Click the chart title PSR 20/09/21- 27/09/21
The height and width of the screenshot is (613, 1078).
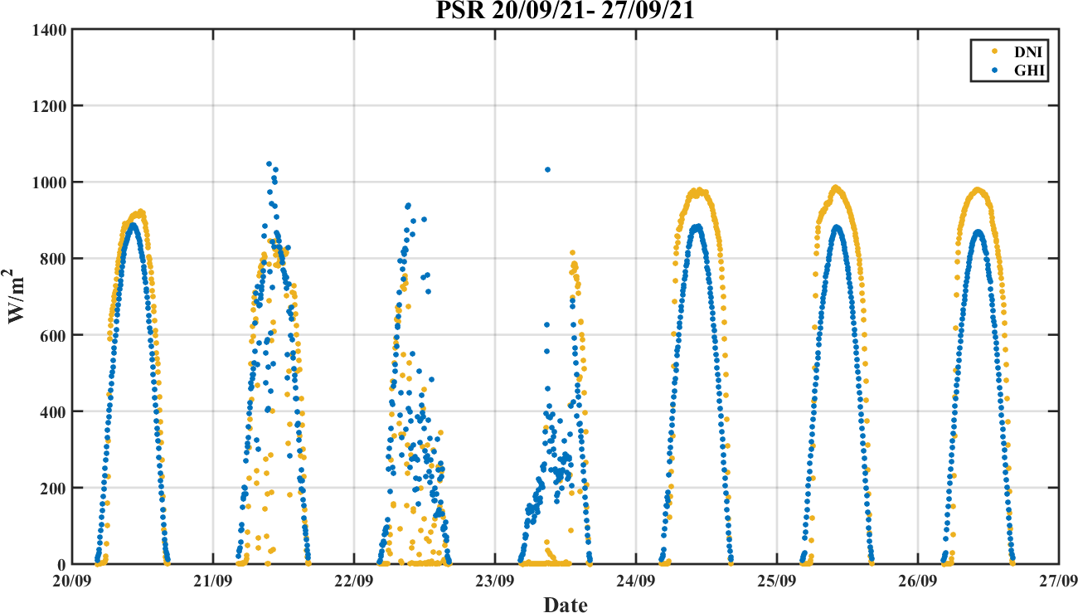click(x=565, y=12)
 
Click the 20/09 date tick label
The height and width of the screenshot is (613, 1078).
click(x=73, y=580)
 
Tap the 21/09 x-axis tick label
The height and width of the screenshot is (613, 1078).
click(x=214, y=580)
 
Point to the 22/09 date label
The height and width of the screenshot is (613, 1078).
click(x=355, y=580)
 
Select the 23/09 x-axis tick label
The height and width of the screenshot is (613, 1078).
click(x=496, y=580)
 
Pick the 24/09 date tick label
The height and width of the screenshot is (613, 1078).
click(x=637, y=580)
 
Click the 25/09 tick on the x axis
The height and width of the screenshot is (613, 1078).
click(x=777, y=580)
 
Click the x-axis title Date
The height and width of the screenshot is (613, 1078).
click(x=565, y=605)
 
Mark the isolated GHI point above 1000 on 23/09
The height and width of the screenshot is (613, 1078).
click(x=547, y=170)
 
